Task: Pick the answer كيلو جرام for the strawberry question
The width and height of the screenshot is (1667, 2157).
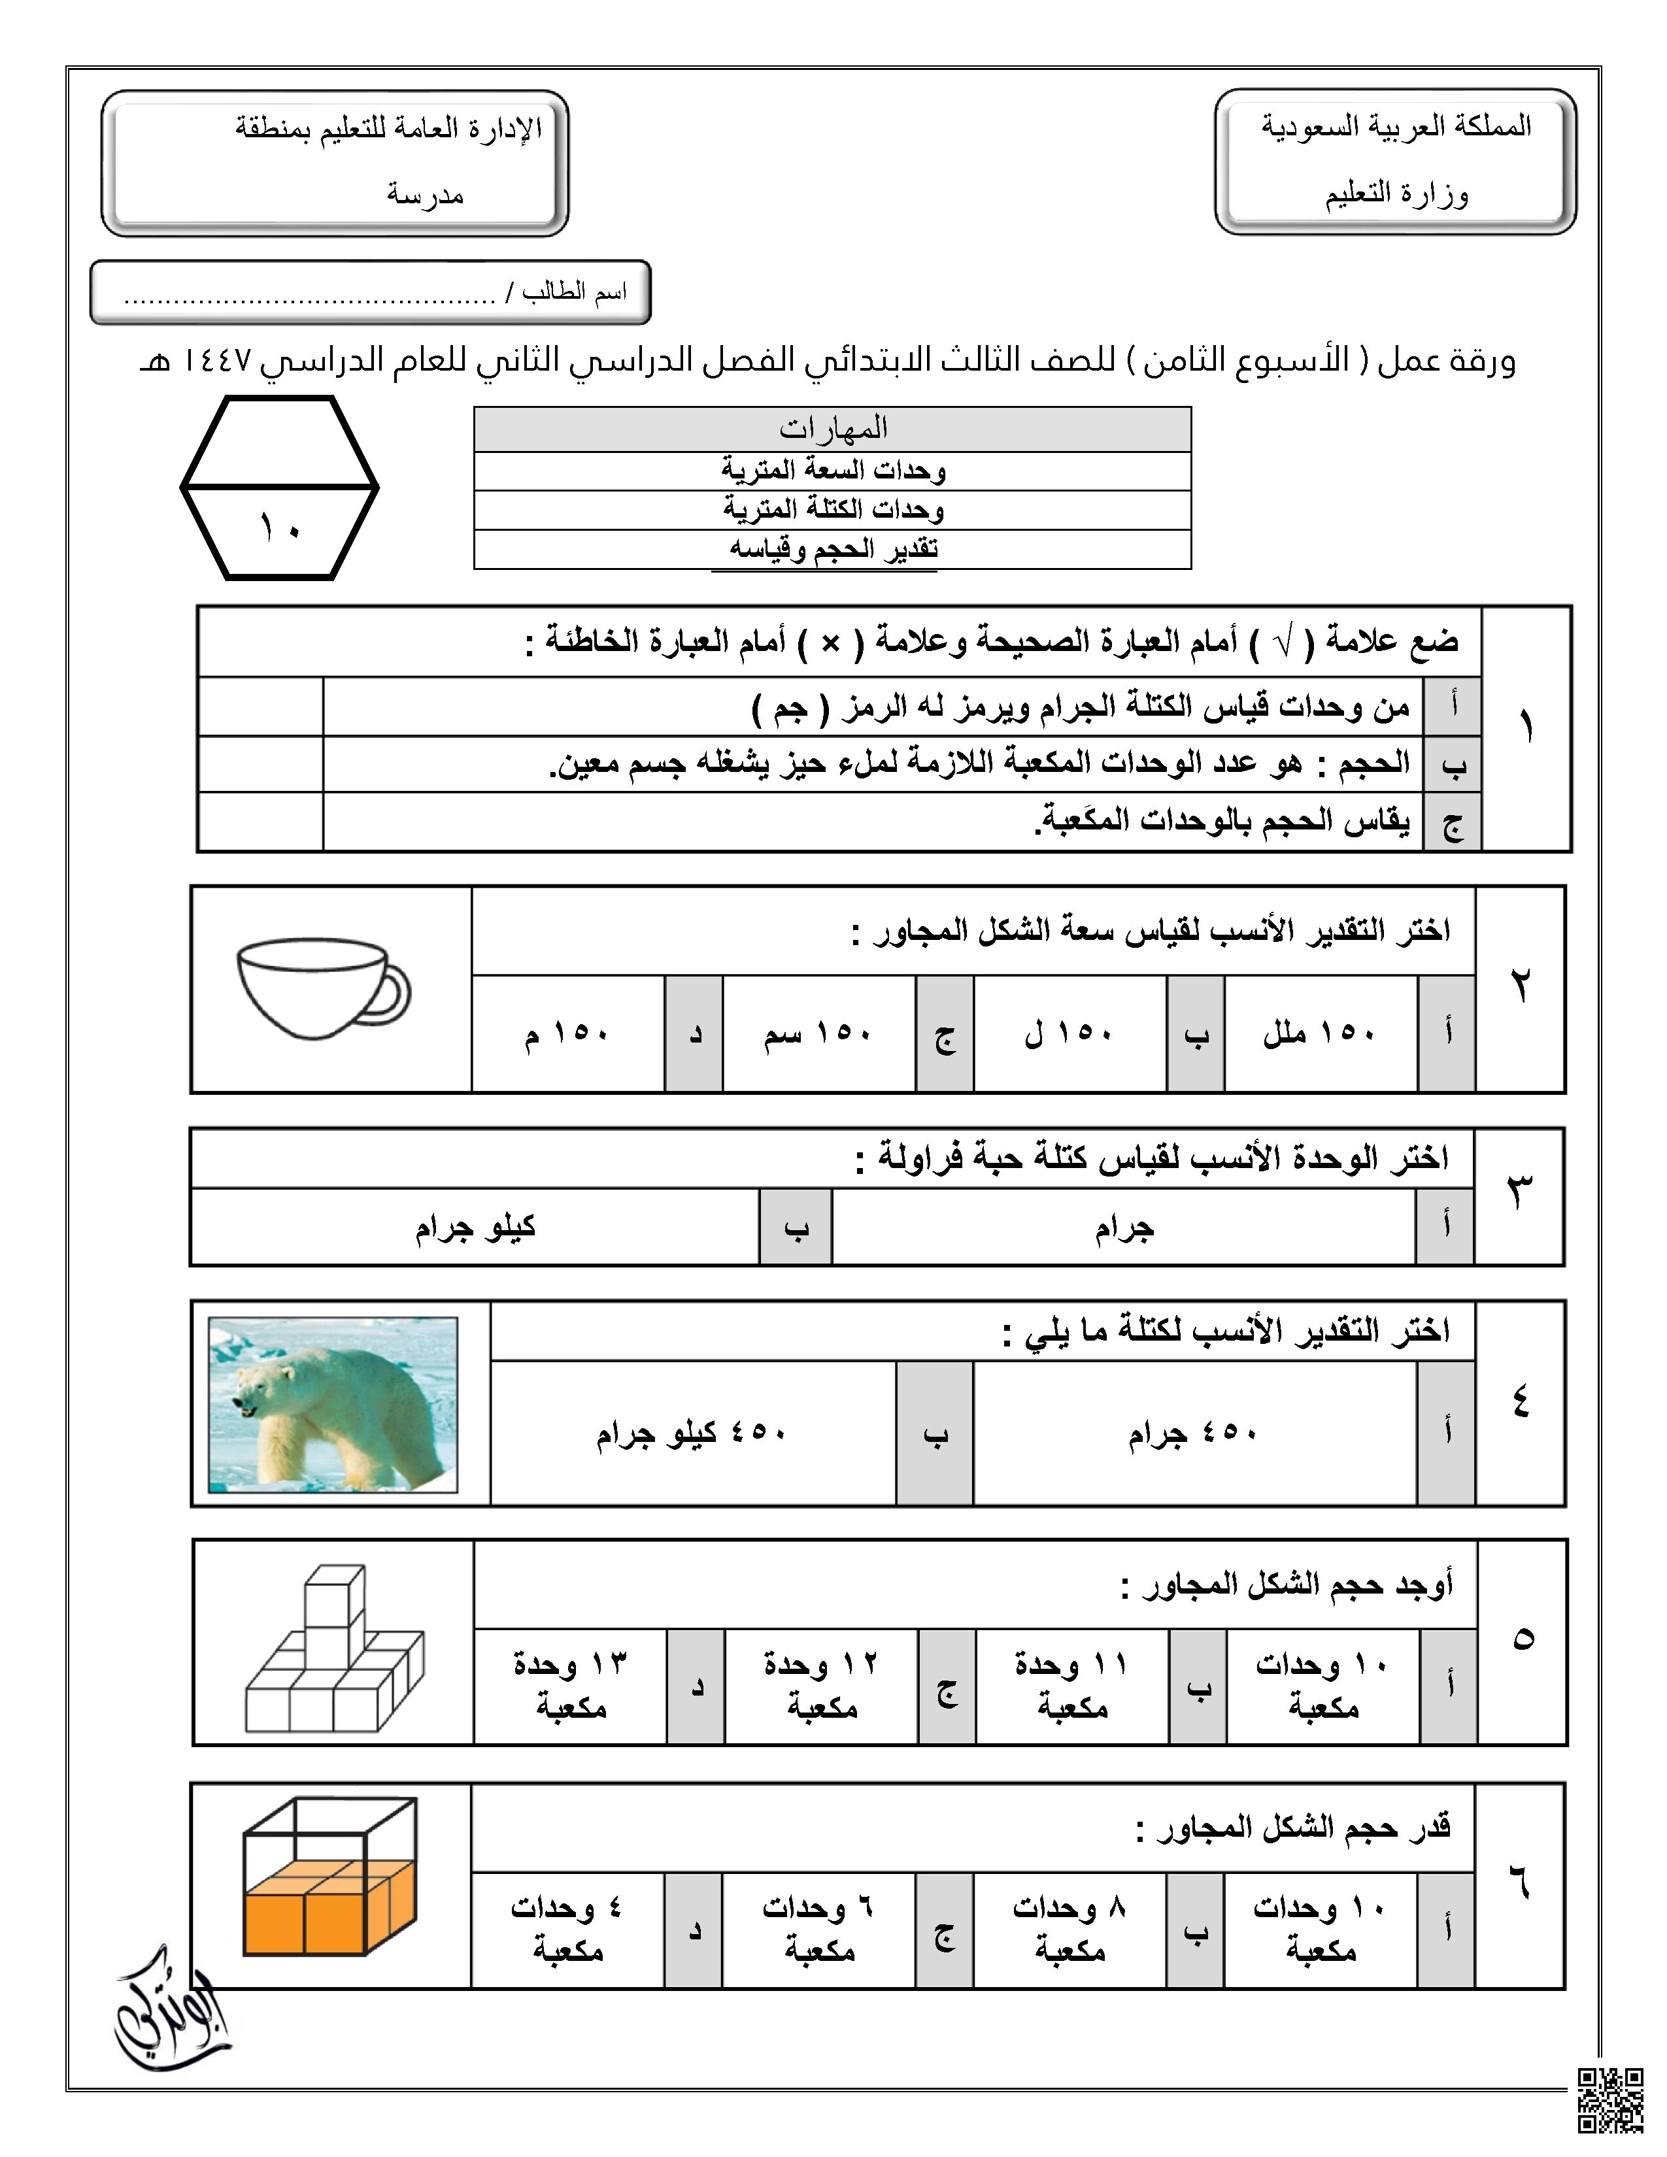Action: pos(475,1227)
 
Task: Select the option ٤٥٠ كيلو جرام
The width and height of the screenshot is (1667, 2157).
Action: pos(691,1433)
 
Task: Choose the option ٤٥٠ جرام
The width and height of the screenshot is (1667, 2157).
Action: pos(1193,1433)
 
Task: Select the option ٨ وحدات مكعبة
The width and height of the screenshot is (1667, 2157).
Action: pos(1069,1929)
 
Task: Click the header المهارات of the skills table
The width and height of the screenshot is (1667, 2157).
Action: pos(832,429)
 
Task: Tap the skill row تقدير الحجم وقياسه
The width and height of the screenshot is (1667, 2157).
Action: pos(832,549)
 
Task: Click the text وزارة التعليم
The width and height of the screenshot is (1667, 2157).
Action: pos(1396,193)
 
